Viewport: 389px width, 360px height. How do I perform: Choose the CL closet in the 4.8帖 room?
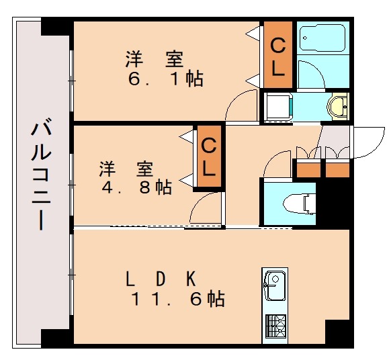point(209,156)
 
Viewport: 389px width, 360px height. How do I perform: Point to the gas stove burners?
point(275,326)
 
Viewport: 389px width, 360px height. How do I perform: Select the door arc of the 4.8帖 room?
point(206,208)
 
